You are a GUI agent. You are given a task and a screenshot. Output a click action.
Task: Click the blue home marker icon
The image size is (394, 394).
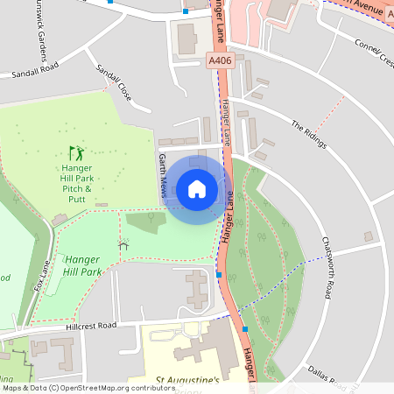(x=197, y=188)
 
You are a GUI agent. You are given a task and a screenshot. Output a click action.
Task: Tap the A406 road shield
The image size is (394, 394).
(x=220, y=60)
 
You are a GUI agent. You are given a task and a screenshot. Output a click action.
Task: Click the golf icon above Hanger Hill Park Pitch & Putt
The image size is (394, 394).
(x=76, y=152)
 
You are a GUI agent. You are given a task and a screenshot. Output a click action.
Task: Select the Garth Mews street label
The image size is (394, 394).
(x=162, y=176)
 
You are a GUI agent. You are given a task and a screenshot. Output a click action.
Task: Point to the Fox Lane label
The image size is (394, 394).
(x=42, y=274)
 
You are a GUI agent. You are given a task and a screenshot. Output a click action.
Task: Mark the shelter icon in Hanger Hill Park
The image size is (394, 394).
(x=123, y=246)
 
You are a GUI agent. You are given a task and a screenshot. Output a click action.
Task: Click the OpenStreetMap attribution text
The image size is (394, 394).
(x=88, y=387)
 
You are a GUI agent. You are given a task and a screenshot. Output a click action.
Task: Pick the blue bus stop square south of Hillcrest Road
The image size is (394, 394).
(x=246, y=329)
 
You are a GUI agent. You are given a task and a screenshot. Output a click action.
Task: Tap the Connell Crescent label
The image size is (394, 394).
(x=374, y=50)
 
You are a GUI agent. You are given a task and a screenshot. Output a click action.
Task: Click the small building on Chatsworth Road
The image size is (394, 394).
(x=369, y=236)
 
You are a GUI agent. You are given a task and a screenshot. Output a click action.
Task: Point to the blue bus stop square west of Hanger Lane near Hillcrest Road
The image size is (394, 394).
(x=219, y=275)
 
